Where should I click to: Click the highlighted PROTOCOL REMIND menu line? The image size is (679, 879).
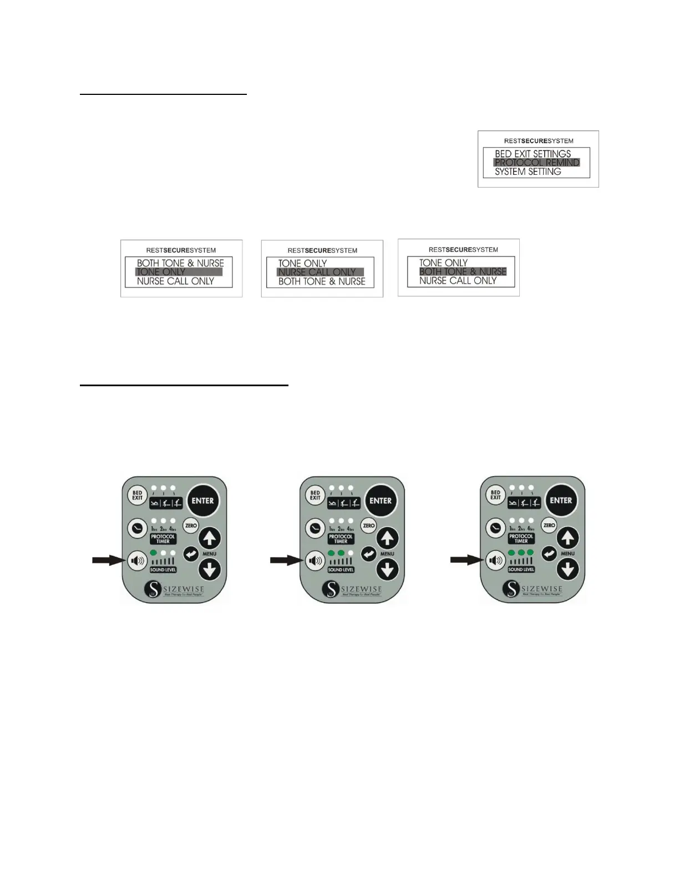536,163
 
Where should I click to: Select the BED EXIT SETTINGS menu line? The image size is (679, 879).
533,154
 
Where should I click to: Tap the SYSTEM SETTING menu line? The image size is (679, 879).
528,172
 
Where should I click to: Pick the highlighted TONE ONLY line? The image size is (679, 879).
179,272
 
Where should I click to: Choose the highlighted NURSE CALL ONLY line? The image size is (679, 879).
320,272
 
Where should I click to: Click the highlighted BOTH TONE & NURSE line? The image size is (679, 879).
463,271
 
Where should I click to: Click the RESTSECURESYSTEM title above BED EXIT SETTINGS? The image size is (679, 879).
538,141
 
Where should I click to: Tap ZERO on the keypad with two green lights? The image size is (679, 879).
369,526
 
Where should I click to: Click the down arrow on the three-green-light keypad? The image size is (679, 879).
567,569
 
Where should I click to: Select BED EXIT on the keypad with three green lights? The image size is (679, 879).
495,494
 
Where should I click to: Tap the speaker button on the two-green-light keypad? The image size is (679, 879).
315,560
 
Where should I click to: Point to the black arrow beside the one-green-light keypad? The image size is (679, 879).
109,560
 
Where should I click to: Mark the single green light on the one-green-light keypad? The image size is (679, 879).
154,553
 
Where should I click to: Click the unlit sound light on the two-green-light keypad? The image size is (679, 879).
351,553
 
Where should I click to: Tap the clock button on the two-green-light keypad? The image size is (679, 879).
315,528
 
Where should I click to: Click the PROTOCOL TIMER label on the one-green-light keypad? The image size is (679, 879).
163,538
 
